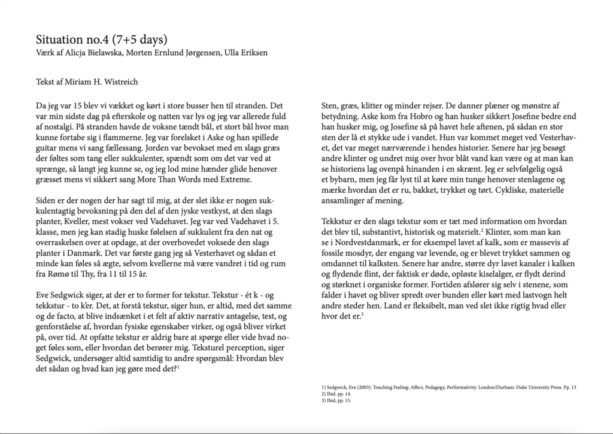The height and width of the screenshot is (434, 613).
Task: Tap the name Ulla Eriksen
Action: (245, 53)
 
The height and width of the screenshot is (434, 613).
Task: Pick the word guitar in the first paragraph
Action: (47, 146)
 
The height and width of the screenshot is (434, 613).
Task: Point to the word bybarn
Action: (343, 178)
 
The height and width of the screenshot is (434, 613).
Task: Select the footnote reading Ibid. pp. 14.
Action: (336, 394)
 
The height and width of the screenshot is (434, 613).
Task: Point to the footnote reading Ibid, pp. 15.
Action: (336, 400)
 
